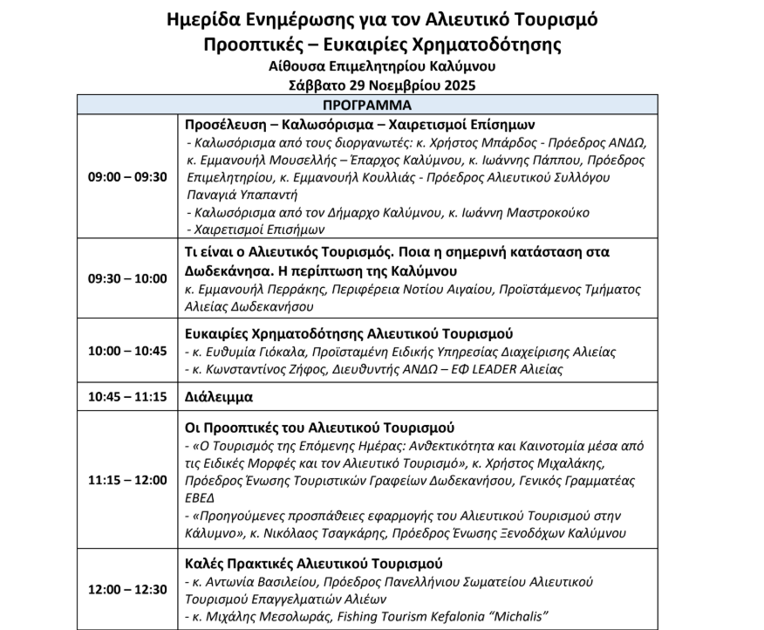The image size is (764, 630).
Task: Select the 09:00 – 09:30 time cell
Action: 127,177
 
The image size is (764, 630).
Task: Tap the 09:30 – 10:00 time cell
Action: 127,278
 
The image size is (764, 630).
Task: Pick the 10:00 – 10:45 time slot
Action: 127,351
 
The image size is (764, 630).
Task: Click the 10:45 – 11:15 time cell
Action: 127,396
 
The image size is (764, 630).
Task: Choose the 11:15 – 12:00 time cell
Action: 127,480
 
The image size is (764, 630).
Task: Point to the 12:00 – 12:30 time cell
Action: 127,589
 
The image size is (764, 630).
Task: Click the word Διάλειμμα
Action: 218,396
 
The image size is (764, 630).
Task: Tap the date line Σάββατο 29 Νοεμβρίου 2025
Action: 381,85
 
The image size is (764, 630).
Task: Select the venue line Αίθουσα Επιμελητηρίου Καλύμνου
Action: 381,66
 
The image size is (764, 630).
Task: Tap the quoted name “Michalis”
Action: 515,617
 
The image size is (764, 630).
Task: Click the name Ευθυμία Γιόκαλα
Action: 253,352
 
